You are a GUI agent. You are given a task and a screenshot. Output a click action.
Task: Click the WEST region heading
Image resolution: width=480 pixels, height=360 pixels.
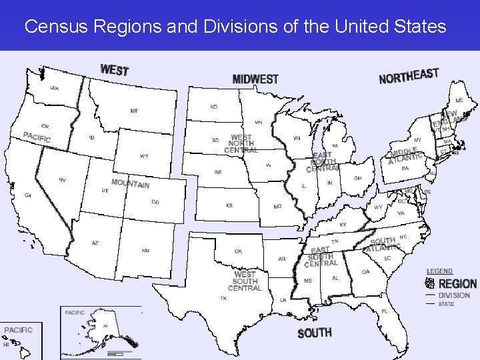pyautogui.click(x=114, y=69)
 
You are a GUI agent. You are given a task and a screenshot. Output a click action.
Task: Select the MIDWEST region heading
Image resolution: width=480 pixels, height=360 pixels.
pyautogui.click(x=255, y=79)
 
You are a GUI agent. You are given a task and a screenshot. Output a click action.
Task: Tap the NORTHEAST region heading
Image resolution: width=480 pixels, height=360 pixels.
pyautogui.click(x=409, y=76)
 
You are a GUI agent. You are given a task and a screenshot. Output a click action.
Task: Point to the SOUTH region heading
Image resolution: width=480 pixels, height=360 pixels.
pyautogui.click(x=315, y=333)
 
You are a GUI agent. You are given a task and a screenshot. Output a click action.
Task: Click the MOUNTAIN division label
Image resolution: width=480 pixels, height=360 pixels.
pyautogui.click(x=130, y=183)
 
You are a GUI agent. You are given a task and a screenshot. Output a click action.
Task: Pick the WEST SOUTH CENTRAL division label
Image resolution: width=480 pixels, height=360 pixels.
pyautogui.click(x=245, y=281)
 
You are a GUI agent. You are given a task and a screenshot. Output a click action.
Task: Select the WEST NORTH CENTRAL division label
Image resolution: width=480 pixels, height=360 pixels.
pyautogui.click(x=241, y=144)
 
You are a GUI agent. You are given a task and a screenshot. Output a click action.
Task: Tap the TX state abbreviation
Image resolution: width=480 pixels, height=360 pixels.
pyautogui.click(x=223, y=299)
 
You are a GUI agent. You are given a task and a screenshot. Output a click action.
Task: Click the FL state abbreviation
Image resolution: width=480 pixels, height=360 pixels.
pyautogui.click(x=385, y=311)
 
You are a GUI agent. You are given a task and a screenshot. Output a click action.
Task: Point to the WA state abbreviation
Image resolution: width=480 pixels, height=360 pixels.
pyautogui.click(x=54, y=88)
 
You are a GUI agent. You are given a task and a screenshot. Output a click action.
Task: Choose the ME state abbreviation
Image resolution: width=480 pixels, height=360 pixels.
pyautogui.click(x=459, y=100)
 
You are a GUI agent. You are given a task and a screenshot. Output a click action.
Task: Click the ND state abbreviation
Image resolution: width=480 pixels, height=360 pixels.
pyautogui.click(x=214, y=107)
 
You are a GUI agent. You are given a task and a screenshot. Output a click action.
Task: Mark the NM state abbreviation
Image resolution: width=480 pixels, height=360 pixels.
pyautogui.click(x=145, y=251)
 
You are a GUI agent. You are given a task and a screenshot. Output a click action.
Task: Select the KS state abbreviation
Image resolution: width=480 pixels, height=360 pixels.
pyautogui.click(x=229, y=206)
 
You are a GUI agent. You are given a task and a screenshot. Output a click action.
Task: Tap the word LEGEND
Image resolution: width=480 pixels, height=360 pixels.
pyautogui.click(x=439, y=271)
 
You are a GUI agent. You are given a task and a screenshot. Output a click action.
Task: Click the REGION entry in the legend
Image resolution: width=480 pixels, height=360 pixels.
pyautogui.click(x=457, y=284)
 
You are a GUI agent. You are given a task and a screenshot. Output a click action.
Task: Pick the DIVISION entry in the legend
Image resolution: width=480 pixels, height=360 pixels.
pyautogui.click(x=454, y=295)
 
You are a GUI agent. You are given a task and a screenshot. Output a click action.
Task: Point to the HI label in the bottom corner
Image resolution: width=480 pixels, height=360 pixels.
pyautogui.click(x=6, y=345)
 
